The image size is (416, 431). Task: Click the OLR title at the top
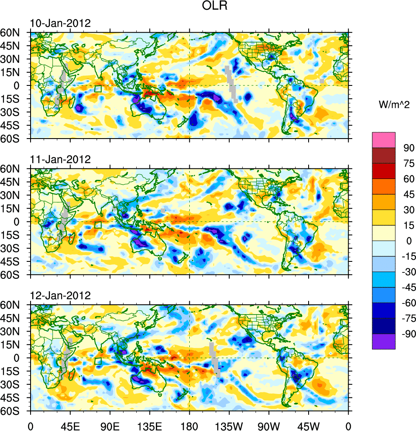[x=209, y=7]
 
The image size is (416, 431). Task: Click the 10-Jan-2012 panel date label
[x=60, y=23]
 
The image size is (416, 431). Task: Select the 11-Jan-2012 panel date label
[x=60, y=159]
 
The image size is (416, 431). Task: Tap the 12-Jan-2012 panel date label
[x=60, y=295]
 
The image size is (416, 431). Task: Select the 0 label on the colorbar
[x=409, y=241]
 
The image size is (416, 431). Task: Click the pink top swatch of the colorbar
[x=384, y=140]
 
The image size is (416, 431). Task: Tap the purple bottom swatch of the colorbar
[x=384, y=341]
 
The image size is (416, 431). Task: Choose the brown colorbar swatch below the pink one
[x=384, y=155]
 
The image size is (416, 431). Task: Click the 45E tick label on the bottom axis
[x=70, y=425]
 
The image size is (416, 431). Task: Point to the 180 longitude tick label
[x=189, y=425]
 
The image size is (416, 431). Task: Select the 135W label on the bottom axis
[x=229, y=425]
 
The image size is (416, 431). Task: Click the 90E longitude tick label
[x=110, y=425]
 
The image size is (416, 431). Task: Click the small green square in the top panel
[x=98, y=89]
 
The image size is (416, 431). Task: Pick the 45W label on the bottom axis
[x=309, y=425]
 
